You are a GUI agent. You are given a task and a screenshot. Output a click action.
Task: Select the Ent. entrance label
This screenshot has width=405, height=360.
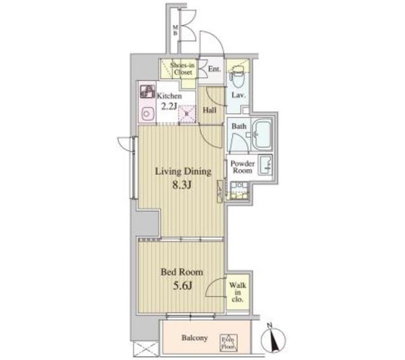214,68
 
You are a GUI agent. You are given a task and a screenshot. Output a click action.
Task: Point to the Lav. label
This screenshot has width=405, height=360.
239,95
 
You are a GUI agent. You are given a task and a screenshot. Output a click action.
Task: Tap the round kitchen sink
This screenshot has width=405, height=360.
148,115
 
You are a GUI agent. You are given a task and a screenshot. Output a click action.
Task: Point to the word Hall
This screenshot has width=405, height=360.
210,109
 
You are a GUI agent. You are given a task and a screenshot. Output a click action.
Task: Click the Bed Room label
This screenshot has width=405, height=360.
181,272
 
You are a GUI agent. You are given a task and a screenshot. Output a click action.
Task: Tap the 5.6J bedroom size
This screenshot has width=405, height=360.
181,285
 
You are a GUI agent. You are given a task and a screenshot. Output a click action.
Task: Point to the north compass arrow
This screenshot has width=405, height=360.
273,342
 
